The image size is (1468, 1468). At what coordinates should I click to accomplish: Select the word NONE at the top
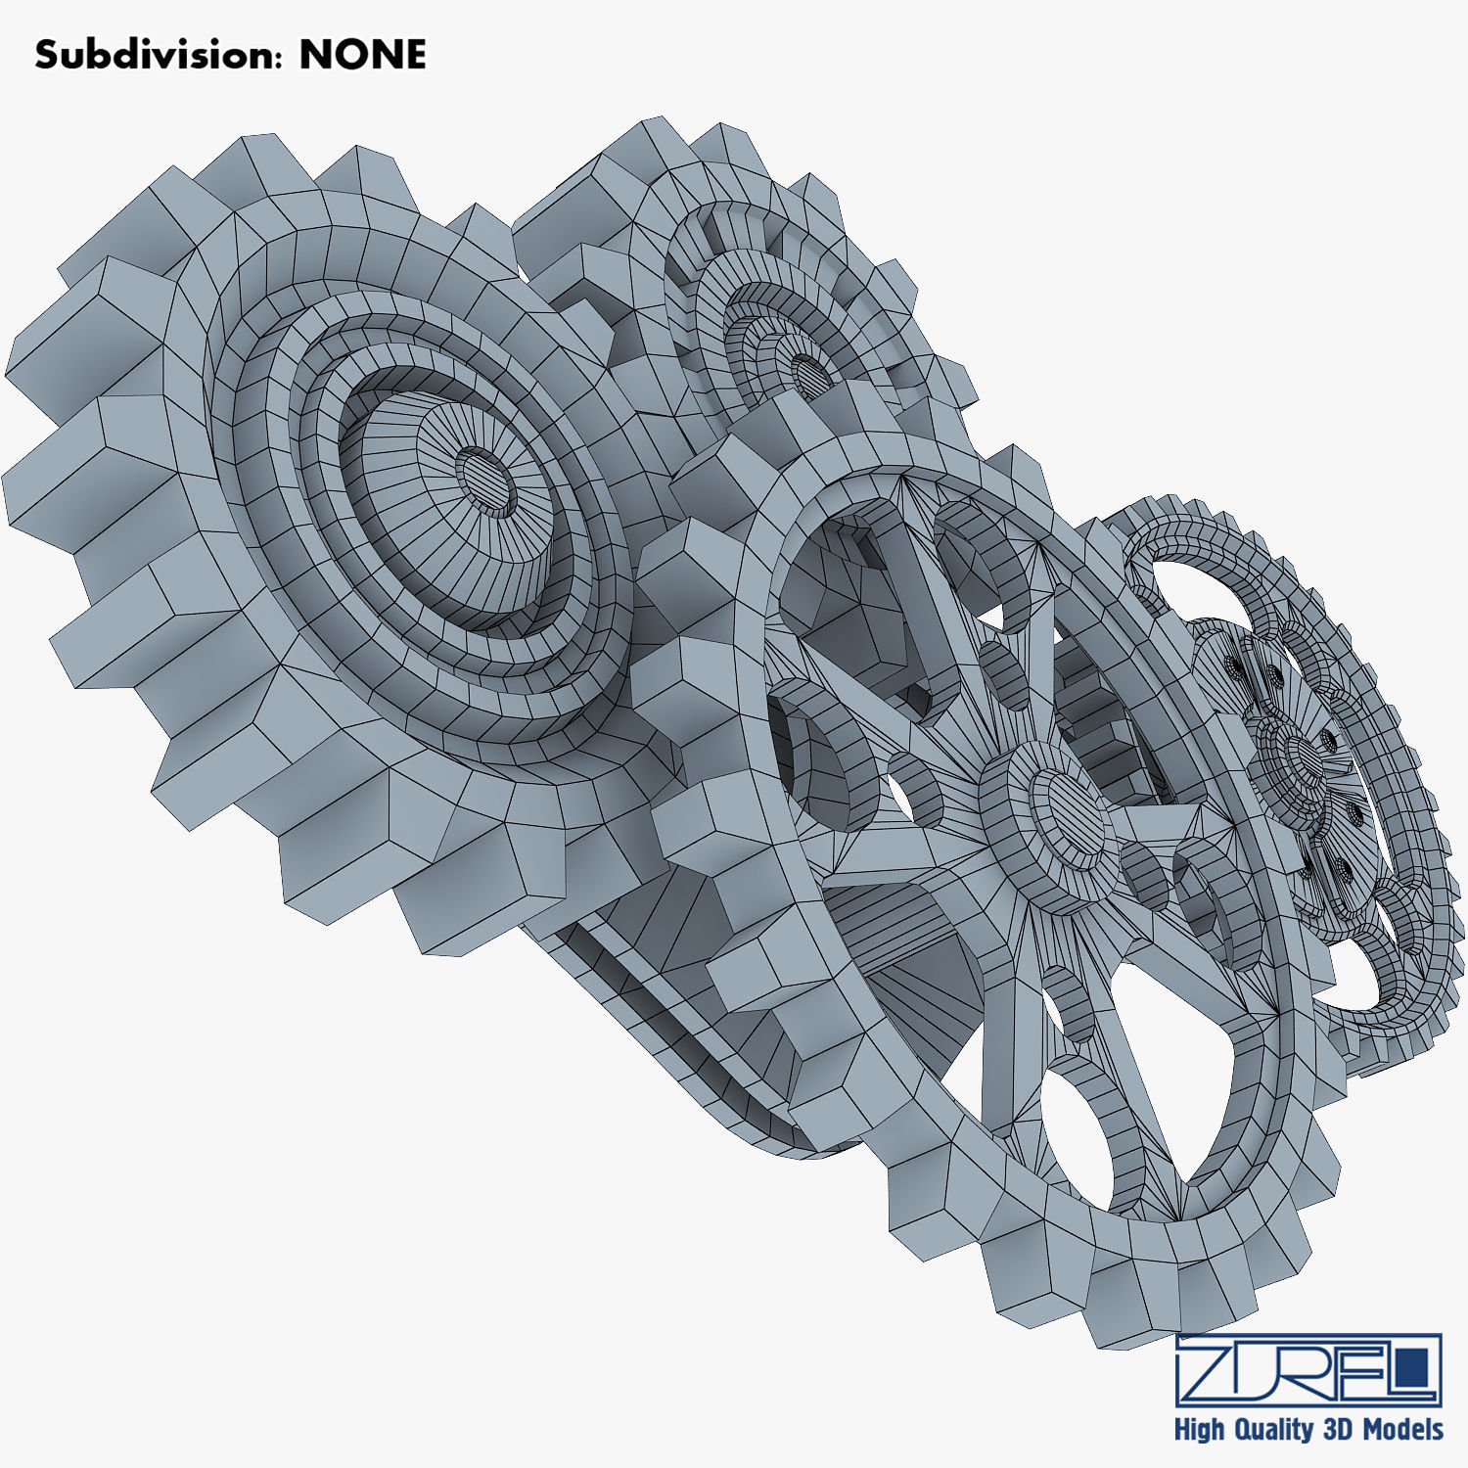point(362,55)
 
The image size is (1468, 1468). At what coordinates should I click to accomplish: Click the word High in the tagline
point(1199,1430)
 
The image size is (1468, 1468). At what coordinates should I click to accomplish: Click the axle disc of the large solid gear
point(487,483)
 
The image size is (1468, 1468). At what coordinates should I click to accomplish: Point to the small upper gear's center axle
point(808,373)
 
